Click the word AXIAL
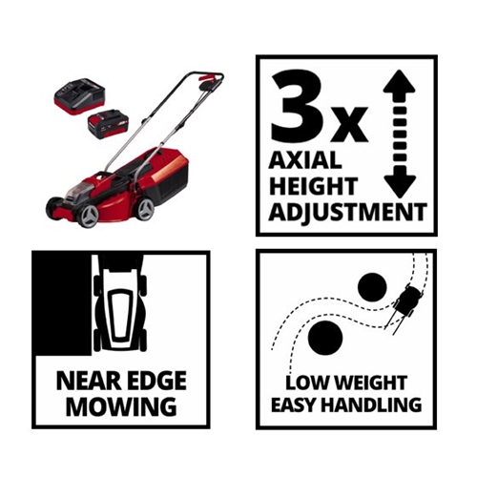pos(305,160)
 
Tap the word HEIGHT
pos(313,186)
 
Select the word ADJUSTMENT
pos(347,212)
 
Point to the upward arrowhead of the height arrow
pos(400,81)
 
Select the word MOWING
pos(121,406)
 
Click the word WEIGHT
pos(370,383)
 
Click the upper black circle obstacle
pos(372,287)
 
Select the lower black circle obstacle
pos(325,338)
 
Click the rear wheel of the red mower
pos(145,209)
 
